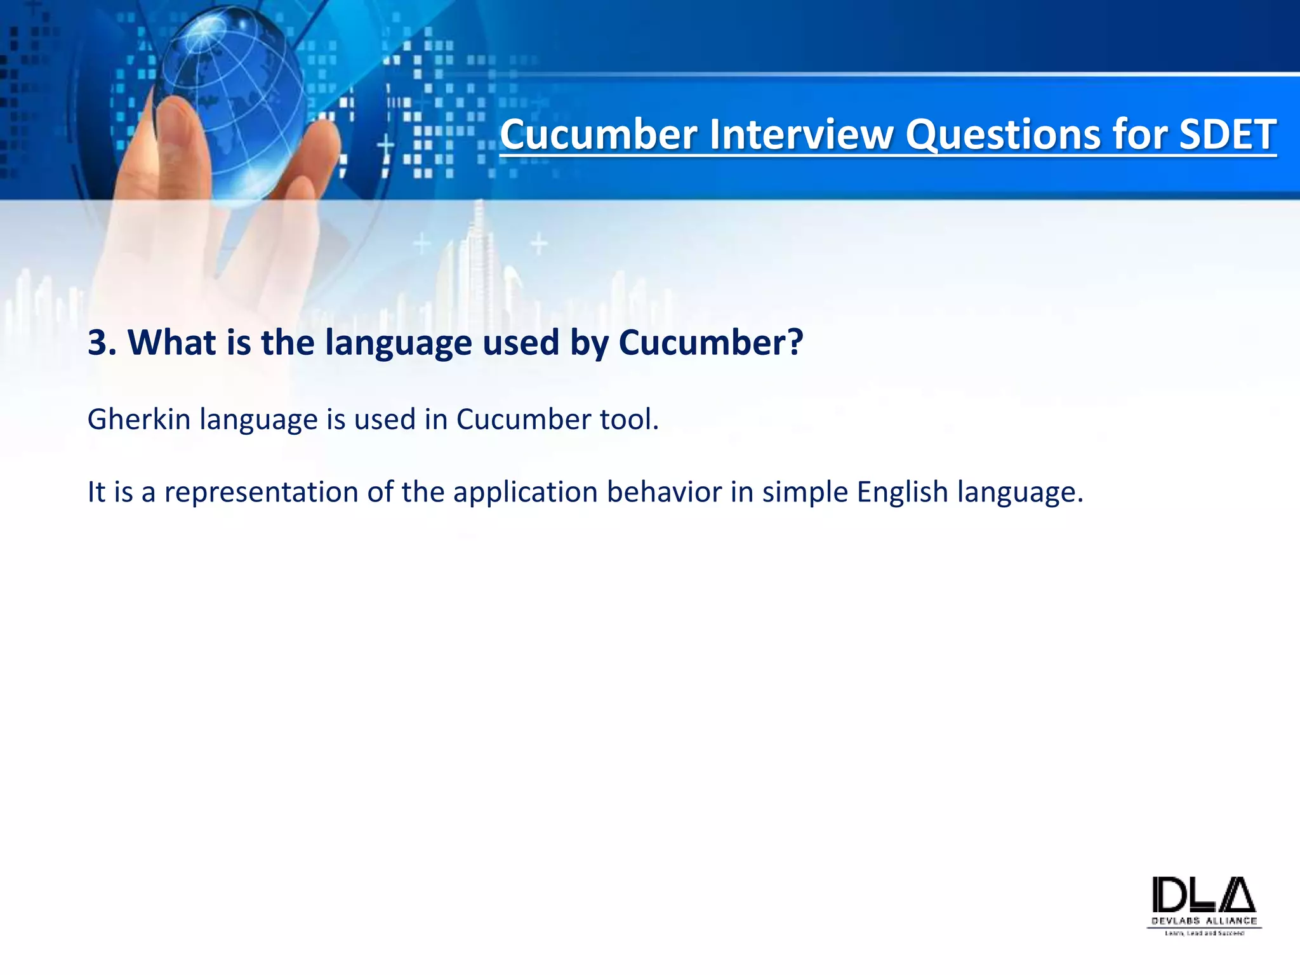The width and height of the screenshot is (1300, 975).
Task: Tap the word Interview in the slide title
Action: [801, 135]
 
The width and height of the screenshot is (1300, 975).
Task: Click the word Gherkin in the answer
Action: [139, 420]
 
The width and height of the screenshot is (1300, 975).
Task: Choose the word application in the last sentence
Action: [525, 492]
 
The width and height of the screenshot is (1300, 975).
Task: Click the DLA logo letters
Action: [1204, 896]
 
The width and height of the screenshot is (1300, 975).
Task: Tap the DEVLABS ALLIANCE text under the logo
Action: [1204, 921]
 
